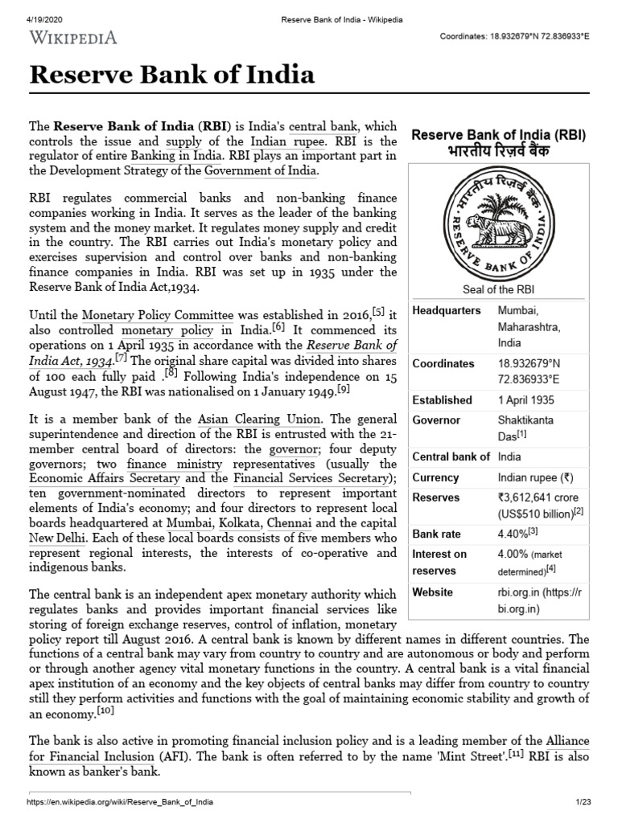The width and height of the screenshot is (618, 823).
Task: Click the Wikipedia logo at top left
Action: coord(74,37)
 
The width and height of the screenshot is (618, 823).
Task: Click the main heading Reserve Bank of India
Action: coord(171,76)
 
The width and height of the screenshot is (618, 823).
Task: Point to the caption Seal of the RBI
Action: coord(498,289)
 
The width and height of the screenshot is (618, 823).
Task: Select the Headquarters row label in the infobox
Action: coord(447,311)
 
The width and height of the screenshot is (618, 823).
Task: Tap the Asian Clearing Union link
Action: coord(260,419)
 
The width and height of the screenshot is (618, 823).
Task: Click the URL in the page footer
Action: coord(121,804)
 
